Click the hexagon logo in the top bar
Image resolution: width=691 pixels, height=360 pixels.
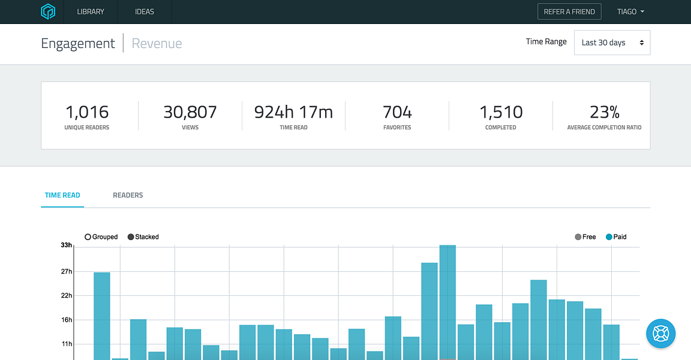coord(47,11)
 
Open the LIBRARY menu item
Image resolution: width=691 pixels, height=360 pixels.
coord(91,12)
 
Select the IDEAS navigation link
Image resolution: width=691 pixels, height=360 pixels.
coord(145,12)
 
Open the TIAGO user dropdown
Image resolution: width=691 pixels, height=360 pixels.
coord(630,12)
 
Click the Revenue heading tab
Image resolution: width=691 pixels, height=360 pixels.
coord(157,43)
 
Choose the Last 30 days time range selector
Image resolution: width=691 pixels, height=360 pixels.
coord(612,43)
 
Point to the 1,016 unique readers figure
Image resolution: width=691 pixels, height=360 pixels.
coord(87,112)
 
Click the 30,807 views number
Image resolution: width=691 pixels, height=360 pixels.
coord(190,112)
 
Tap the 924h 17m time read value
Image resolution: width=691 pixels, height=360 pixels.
coord(293,112)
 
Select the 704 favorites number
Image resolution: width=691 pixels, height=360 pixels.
coord(397,112)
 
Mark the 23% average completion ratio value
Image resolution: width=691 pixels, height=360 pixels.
coord(604,112)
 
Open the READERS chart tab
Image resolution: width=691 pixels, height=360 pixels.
coord(128,195)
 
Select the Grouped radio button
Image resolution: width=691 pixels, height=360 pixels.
coord(88,237)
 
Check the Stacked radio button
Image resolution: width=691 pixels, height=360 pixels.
coord(130,237)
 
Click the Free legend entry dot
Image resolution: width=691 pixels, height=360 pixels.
coord(578,237)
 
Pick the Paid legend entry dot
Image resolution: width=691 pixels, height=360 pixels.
coord(609,237)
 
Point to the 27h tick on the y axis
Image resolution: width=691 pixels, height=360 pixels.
coord(67,271)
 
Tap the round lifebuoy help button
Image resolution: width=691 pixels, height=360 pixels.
coord(660,334)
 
